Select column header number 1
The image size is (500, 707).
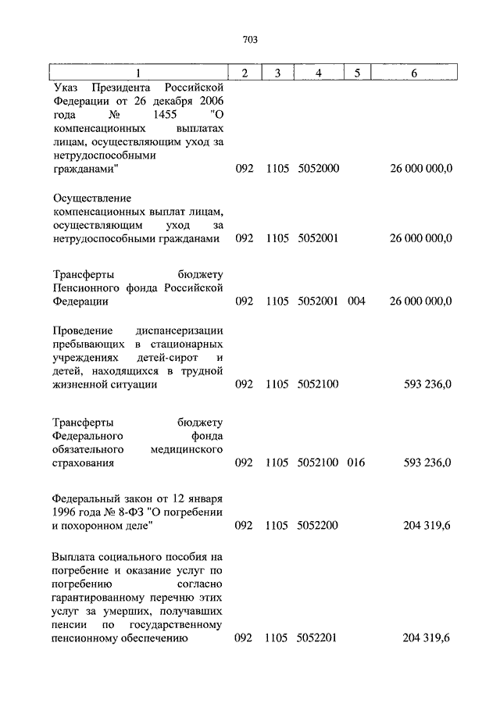point(138,73)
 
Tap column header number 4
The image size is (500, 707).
point(318,73)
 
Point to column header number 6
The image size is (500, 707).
point(414,73)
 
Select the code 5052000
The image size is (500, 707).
point(318,169)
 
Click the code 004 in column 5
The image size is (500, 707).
point(356,302)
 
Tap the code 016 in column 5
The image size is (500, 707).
point(356,463)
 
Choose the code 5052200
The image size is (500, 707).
point(318,526)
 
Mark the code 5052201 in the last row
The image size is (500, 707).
point(318,639)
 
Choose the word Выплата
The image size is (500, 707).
point(75,555)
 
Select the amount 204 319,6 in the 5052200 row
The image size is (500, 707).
point(427,526)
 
